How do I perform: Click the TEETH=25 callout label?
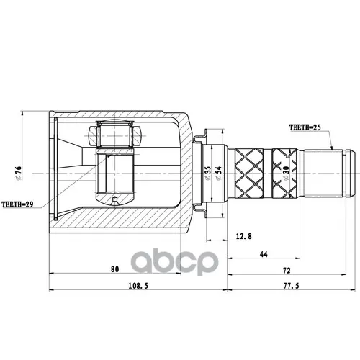(305, 127)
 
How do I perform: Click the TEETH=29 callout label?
(17, 204)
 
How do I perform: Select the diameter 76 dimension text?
(18, 174)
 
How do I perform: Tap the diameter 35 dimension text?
(207, 174)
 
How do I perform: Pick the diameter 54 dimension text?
(218, 174)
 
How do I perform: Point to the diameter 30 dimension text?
(286, 174)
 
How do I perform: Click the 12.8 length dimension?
(244, 236)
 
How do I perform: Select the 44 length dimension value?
(264, 254)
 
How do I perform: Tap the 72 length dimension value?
(287, 271)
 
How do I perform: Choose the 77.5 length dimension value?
(291, 286)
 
